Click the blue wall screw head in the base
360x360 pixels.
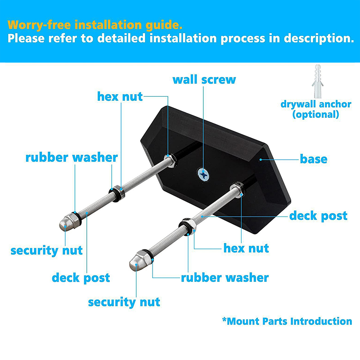tap(203, 175)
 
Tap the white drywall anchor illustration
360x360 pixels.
tap(318, 81)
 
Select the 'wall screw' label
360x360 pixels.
tap(204, 80)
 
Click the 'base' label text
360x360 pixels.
tap(313, 159)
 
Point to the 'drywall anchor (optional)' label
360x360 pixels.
tap(316, 109)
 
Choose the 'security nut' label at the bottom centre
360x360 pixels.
tap(124, 302)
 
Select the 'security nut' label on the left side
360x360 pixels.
tap(47, 251)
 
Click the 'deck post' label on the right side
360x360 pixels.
tap(318, 216)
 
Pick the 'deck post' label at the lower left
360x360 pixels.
tap(81, 278)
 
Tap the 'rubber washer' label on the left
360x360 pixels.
tap(72, 158)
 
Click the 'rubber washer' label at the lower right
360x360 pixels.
tap(225, 278)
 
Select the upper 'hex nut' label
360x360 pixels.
tap(120, 96)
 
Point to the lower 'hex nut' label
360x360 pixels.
tap(246, 248)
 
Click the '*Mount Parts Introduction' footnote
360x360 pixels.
tap(287, 321)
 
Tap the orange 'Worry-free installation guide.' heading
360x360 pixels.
tap(95, 25)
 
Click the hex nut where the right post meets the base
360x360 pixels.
tap(238, 189)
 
